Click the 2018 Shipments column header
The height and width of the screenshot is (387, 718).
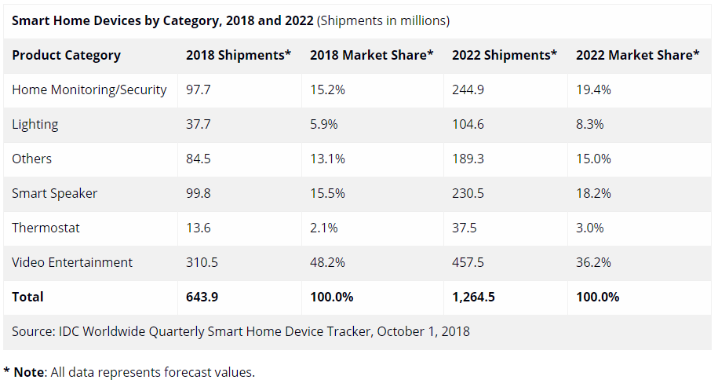239,55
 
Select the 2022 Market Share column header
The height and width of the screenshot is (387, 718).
637,55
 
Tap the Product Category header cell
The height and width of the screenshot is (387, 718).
67,55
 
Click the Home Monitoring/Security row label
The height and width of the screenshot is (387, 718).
89,89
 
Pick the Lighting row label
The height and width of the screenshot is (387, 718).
35,124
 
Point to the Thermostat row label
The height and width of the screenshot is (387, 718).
46,228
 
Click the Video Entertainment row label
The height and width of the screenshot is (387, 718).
72,262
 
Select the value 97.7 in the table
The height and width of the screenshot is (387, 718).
199,89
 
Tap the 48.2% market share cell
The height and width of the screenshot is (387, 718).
328,262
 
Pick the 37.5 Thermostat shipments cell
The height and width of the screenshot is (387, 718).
465,228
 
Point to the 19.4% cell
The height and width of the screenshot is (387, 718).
593,89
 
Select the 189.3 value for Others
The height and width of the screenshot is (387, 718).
468,159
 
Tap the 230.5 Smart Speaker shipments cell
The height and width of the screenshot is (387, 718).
468,193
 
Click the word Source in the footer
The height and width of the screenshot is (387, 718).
32,331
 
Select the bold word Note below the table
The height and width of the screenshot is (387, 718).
29,372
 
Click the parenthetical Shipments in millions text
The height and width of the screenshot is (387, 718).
383,20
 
